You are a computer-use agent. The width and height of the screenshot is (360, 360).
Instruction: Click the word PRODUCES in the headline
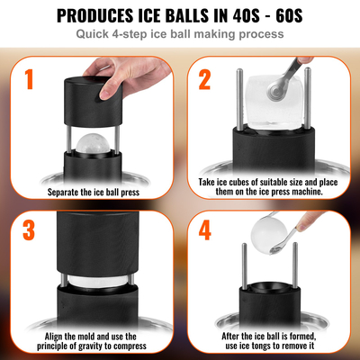(99, 15)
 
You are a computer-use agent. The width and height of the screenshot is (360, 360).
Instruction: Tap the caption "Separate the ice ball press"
(93, 192)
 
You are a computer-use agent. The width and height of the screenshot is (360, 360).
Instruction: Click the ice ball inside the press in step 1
(92, 145)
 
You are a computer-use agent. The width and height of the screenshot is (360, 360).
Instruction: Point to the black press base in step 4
(269, 316)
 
